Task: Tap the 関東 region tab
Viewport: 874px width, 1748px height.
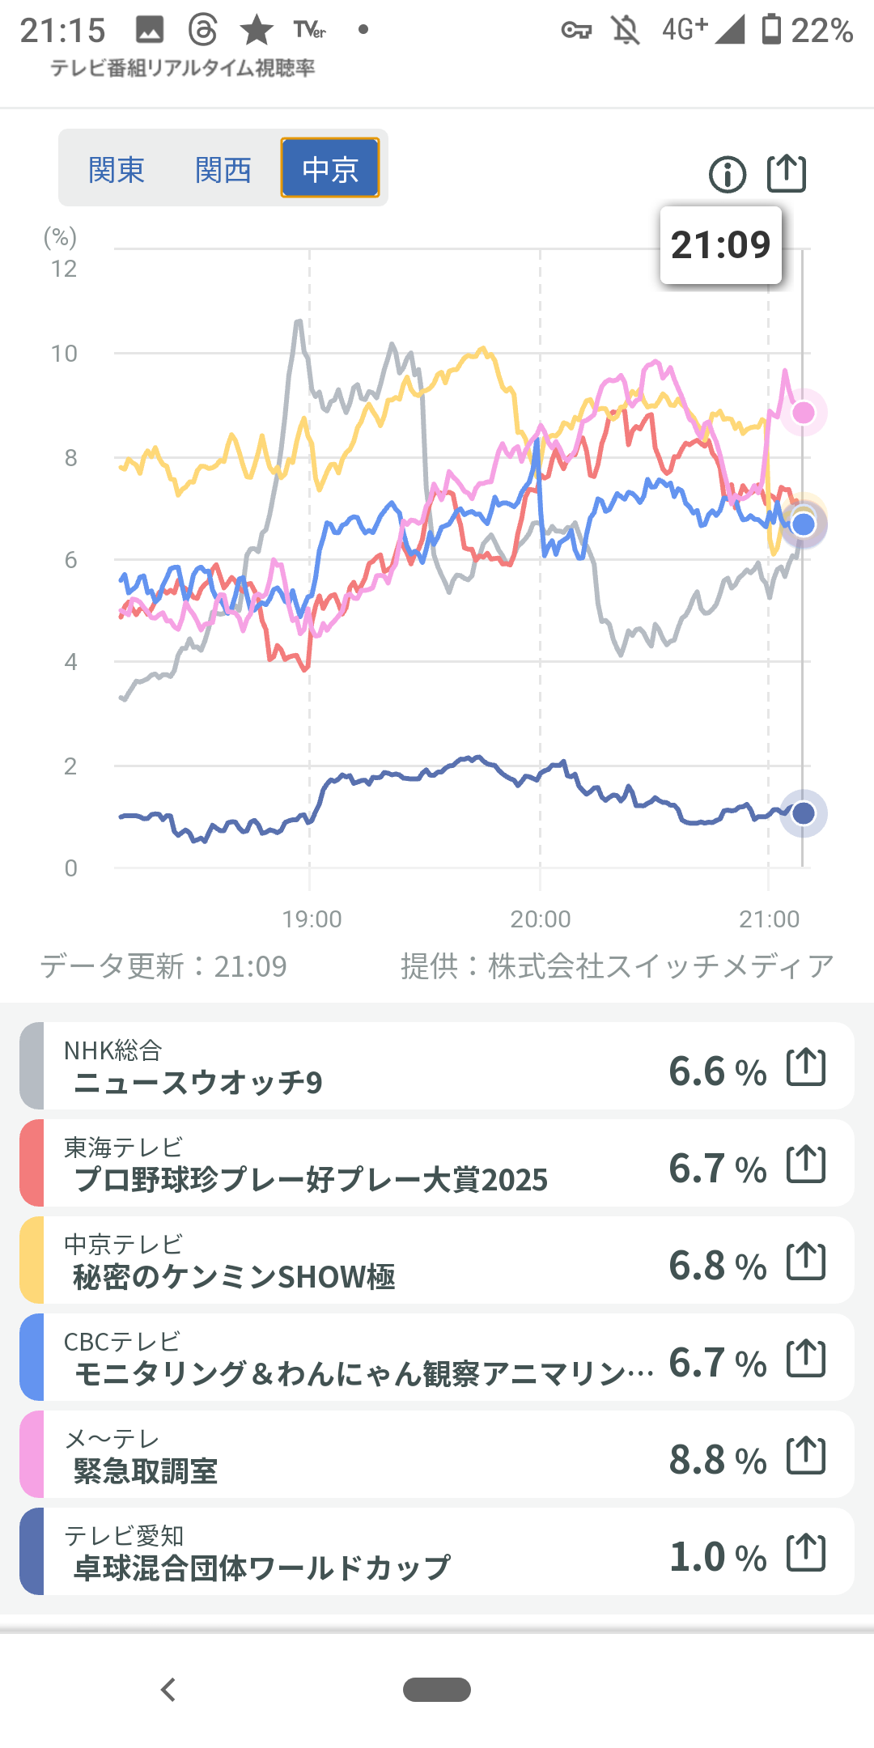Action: (117, 170)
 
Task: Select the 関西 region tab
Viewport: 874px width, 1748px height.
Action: (223, 170)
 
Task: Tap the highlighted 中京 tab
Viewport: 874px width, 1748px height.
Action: (330, 168)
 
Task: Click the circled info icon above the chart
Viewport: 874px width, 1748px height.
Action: (728, 174)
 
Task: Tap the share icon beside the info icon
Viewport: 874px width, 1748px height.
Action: (787, 173)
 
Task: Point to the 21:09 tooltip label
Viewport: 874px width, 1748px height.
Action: (720, 245)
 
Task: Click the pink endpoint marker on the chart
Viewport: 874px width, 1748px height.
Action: (804, 413)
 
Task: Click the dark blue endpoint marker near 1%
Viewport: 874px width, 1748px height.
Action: (804, 813)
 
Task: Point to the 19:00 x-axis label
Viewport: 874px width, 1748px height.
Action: (312, 919)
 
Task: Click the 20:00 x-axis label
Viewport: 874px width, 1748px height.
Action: (541, 919)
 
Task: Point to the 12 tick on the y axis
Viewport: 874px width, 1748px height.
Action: (64, 269)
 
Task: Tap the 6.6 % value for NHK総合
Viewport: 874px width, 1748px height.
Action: (717, 1071)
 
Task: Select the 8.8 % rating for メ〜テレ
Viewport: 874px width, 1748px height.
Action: (717, 1460)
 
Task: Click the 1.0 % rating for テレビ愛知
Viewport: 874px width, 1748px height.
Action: (717, 1557)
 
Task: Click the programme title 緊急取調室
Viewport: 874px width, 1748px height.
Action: (146, 1471)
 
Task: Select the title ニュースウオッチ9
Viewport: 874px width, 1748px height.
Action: (198, 1083)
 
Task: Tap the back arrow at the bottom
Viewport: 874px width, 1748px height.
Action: (168, 1690)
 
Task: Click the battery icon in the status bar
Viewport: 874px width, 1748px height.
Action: (771, 29)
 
